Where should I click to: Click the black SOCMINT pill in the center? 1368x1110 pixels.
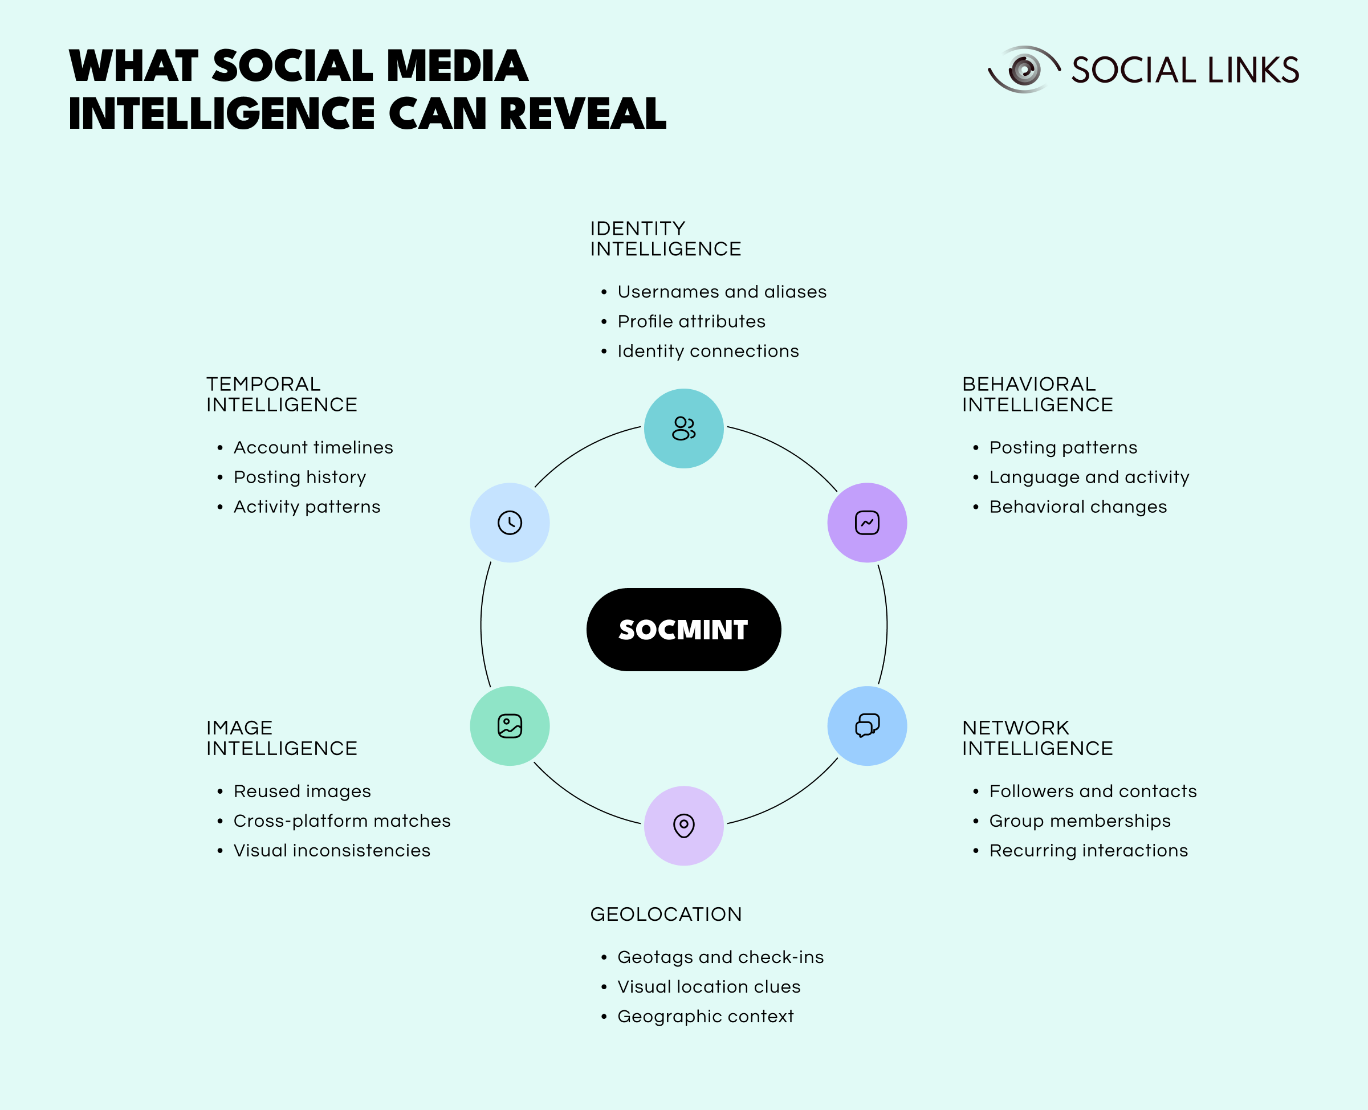(683, 629)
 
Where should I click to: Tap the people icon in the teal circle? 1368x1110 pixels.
(683, 429)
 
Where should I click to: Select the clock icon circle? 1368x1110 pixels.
(510, 523)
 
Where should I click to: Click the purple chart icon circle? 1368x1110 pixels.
(867, 523)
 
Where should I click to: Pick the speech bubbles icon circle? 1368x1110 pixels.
(867, 726)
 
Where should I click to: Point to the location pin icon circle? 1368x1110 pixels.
(683, 826)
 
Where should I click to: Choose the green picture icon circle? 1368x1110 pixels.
(510, 726)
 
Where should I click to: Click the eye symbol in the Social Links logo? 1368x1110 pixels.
(1024, 69)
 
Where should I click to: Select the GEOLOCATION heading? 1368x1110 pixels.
(666, 915)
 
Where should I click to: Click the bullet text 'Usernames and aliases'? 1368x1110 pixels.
(722, 292)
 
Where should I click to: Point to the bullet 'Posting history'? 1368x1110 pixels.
(300, 478)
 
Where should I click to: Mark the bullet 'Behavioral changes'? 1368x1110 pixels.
(1078, 507)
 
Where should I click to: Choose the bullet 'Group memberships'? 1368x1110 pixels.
(1080, 821)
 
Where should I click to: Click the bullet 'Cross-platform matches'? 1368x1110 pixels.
(342, 821)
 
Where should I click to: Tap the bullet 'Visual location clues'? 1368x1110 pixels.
(709, 986)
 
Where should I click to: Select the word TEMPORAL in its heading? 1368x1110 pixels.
(263, 384)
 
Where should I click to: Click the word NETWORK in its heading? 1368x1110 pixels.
(1016, 728)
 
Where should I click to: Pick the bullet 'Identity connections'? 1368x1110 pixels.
(708, 352)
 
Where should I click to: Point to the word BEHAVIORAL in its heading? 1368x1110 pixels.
(1029, 384)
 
